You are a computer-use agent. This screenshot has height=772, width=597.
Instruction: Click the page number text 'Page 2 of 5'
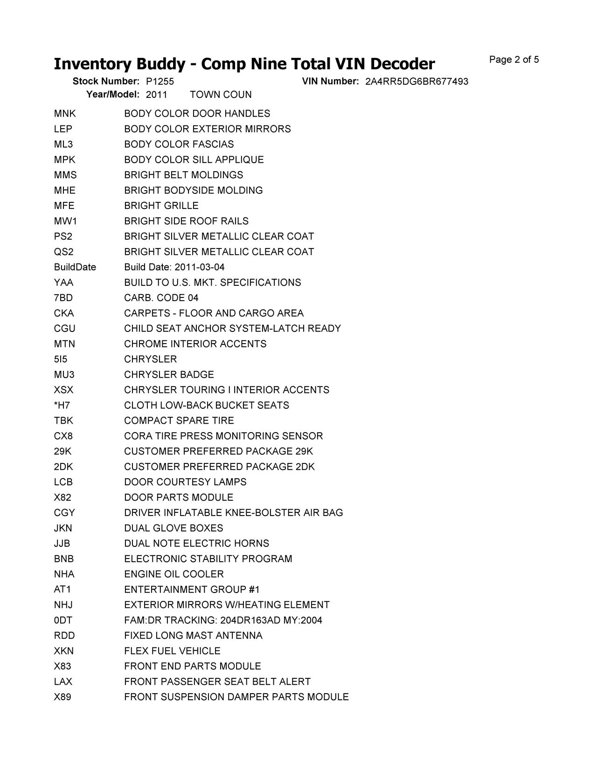point(514,60)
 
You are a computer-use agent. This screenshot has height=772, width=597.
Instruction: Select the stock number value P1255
point(160,82)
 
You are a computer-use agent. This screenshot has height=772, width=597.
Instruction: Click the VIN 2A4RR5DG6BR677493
point(417,82)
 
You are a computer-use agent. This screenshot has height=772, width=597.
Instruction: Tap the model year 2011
point(156,95)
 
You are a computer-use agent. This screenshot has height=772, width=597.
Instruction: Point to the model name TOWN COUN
point(221,95)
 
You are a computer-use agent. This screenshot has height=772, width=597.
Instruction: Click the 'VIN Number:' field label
point(330,82)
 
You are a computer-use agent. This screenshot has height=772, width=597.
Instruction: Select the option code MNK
point(64,114)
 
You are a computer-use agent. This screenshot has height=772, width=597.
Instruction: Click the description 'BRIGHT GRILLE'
point(161,206)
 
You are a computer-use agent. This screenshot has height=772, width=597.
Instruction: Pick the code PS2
point(63,236)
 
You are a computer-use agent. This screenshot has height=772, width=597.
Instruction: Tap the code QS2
point(63,252)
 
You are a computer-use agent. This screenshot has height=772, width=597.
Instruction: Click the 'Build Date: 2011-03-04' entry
point(174,267)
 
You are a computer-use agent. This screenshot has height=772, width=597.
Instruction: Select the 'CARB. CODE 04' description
point(161,298)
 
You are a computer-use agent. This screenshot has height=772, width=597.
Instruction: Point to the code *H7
point(62,405)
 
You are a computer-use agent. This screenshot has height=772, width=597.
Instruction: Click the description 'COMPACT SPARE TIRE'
point(179,420)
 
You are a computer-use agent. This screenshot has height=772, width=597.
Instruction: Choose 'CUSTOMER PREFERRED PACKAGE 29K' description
point(219,451)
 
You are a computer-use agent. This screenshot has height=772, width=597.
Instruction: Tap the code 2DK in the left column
point(63,467)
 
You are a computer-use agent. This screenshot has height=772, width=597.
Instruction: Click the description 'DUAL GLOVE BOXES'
point(174,528)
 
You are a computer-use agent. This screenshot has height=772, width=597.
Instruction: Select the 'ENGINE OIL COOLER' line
point(174,574)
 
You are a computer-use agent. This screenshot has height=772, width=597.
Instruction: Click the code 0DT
point(63,620)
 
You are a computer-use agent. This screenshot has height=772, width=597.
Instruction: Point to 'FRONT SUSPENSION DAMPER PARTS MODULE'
point(236,697)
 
